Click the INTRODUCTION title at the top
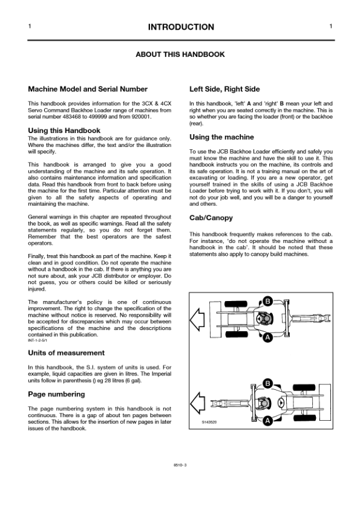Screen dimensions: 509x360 click(x=180, y=27)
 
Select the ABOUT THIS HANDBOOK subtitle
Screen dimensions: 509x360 click(x=180, y=54)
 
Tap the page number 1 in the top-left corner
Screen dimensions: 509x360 click(x=30, y=27)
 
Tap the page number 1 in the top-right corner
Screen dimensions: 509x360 click(x=330, y=27)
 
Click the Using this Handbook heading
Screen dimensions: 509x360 click(x=64, y=130)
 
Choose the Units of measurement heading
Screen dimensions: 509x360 click(x=67, y=352)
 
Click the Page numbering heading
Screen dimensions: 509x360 click(x=57, y=394)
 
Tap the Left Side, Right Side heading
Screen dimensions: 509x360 click(x=224, y=89)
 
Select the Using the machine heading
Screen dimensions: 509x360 click(x=221, y=137)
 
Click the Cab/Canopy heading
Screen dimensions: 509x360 click(x=211, y=218)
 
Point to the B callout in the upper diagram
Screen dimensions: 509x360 click(x=267, y=300)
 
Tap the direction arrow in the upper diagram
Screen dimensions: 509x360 click(x=198, y=319)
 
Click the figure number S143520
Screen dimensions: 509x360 click(x=209, y=422)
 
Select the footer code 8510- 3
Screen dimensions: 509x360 click(x=180, y=466)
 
